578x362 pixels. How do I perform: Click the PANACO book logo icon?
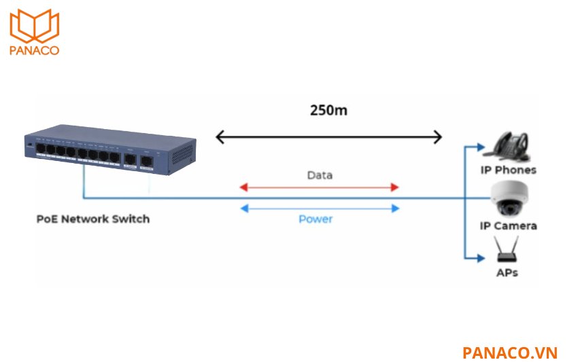[34, 26]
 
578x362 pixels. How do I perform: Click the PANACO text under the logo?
[34, 50]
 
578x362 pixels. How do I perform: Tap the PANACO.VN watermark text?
[509, 352]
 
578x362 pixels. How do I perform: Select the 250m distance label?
[328, 110]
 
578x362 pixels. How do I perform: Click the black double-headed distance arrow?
[328, 138]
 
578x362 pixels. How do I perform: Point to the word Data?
[320, 175]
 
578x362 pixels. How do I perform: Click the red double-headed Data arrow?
[319, 187]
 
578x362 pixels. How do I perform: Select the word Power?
[316, 219]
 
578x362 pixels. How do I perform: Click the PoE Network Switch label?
[92, 219]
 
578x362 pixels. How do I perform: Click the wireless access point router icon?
[507, 251]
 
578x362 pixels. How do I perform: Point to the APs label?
[507, 272]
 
